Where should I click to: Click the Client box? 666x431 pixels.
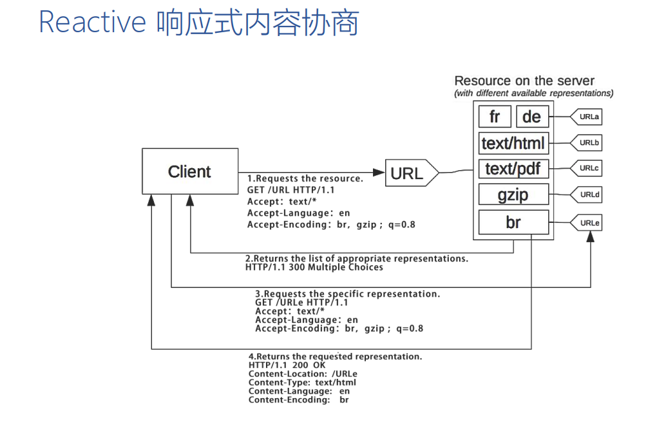189,172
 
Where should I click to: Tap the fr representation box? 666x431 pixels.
495,117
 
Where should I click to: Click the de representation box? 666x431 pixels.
532,117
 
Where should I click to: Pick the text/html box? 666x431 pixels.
513,142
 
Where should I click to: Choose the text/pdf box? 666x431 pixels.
513,169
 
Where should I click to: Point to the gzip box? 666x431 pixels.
513,195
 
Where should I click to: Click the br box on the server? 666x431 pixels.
513,222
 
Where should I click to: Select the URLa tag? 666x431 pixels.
588,117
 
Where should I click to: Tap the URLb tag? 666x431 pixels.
588,143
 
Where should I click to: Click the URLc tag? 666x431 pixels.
588,168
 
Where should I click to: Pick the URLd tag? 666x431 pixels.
588,194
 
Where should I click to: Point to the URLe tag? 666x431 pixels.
588,223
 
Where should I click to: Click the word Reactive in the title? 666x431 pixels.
93,22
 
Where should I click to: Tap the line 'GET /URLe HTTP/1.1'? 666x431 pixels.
301,302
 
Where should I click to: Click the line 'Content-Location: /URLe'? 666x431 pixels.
303,374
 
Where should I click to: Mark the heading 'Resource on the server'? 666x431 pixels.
524,81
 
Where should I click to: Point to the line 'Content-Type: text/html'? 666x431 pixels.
302,382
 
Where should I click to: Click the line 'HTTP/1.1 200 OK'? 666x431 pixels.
287,365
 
